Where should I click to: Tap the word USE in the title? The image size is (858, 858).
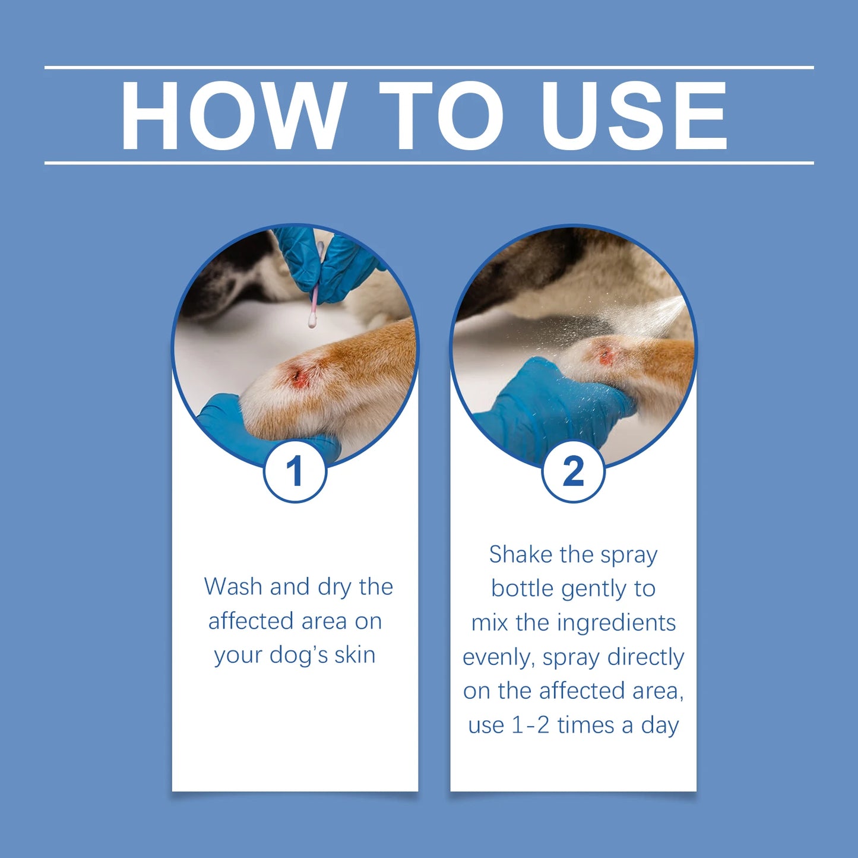(634, 116)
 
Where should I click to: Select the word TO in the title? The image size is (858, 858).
(441, 116)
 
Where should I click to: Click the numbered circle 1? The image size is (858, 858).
(295, 472)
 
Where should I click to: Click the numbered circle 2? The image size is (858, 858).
(573, 472)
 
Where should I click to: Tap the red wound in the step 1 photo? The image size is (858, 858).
(298, 376)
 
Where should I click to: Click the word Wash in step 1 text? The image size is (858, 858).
(233, 587)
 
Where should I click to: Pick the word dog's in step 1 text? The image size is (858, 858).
(299, 655)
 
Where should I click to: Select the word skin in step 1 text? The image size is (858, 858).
(354, 655)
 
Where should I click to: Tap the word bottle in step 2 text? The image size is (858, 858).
(523, 588)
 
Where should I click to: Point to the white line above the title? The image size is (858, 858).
(429, 68)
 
